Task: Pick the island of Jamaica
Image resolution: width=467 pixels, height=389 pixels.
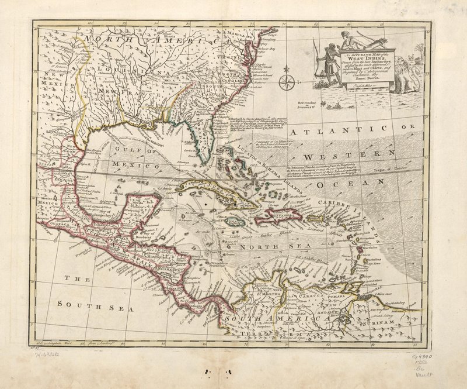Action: click(x=237, y=223)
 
